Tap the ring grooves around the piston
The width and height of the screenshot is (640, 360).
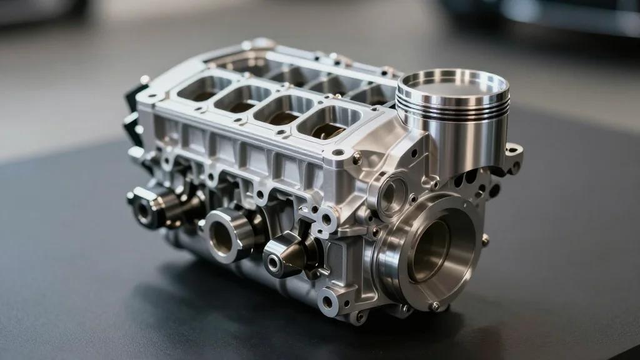[x=450, y=107]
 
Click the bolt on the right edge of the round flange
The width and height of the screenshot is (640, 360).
[x=485, y=239]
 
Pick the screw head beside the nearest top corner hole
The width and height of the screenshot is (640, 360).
[x=357, y=159]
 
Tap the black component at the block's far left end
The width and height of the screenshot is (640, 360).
[x=132, y=109]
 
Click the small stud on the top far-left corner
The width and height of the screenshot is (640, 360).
[x=144, y=80]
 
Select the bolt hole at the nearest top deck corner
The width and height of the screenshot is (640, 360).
[x=338, y=152]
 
